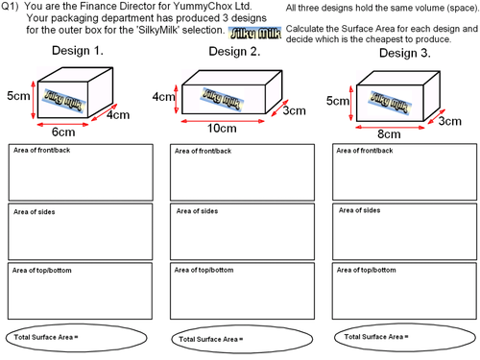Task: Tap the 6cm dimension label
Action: [x=63, y=131]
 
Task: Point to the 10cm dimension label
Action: [x=223, y=128]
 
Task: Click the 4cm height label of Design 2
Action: [x=162, y=97]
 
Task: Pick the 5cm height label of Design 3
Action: [x=337, y=101]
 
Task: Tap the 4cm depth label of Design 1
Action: [x=119, y=115]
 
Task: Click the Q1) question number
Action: [x=12, y=8]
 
